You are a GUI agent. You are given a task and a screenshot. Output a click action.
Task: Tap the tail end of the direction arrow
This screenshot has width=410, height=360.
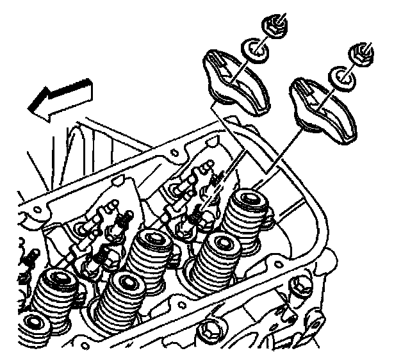pyautogui.click(x=88, y=83)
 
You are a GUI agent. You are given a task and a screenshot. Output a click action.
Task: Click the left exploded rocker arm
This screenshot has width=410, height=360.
pyautogui.click(x=237, y=77)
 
